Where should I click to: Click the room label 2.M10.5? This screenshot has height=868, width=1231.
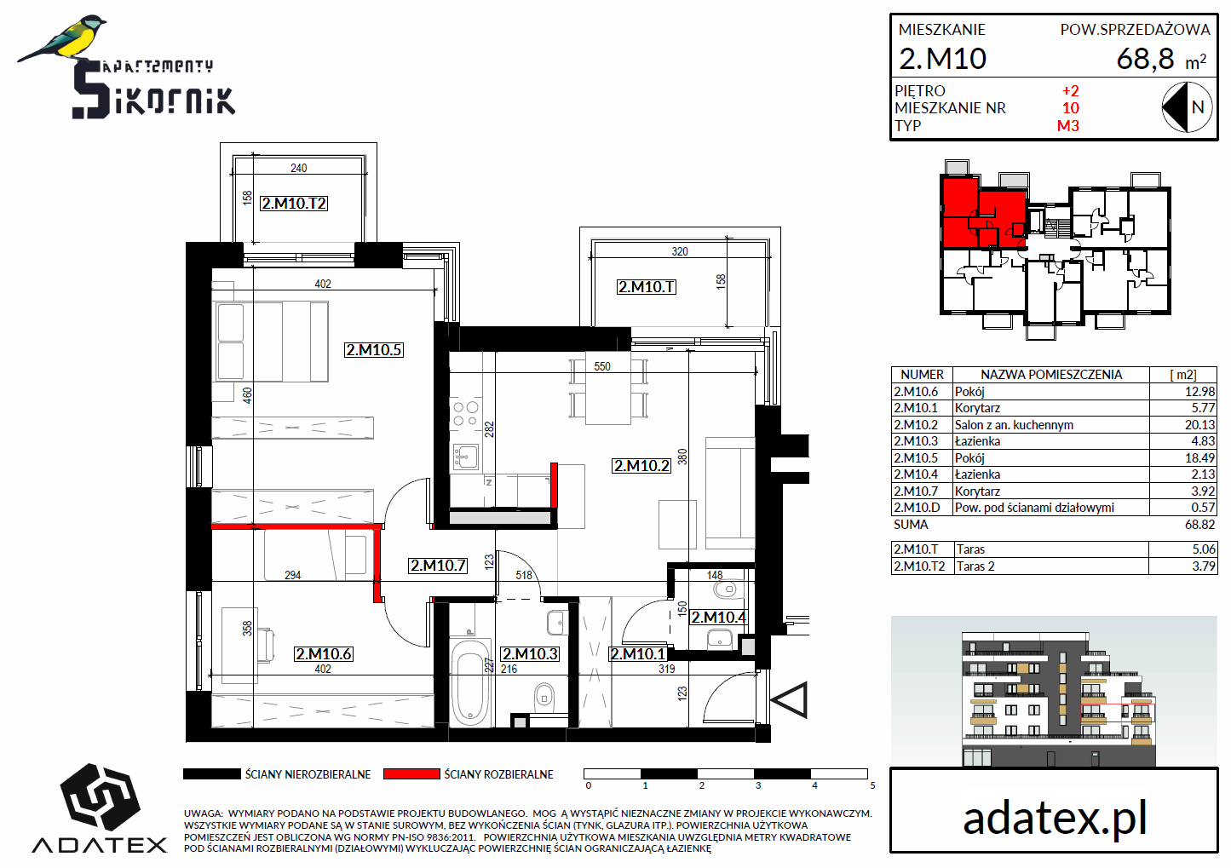pos(374,350)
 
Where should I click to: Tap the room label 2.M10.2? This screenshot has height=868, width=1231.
pos(641,466)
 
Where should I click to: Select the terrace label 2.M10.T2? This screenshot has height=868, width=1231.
pos(294,204)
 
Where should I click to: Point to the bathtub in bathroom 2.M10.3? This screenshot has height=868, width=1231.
pos(470,681)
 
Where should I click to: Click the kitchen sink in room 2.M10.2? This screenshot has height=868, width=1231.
pos(465,456)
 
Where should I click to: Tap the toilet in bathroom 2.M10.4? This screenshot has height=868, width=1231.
pos(727,590)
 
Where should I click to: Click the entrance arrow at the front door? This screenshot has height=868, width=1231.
pos(790,700)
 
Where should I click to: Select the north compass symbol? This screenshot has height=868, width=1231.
pos(1187,107)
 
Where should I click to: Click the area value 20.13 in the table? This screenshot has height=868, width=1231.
pos(1199,425)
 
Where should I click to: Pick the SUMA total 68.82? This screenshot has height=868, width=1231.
pos(1199,525)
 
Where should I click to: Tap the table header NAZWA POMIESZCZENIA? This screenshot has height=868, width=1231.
pos(1051,375)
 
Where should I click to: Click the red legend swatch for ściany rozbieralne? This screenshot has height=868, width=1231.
pos(411,774)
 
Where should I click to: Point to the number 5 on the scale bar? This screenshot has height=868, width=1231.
pos(872,785)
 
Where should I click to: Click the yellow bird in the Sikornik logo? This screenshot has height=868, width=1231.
pos(62,38)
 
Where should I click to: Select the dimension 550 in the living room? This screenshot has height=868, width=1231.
pos(602,366)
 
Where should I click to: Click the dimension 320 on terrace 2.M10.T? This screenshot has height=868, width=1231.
pos(680,251)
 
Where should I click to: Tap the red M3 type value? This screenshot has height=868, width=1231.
pos(1068,126)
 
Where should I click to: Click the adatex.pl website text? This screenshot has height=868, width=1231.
pos(1055,819)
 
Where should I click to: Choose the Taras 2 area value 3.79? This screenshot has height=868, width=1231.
pos(1204,566)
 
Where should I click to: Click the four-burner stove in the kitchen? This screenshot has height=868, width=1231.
pos(465,414)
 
